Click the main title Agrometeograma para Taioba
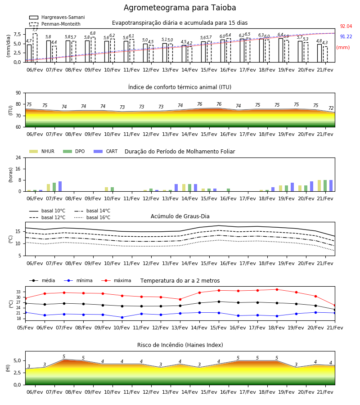pos(180,8)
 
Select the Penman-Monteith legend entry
pos(55,24)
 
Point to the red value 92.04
pos(346,27)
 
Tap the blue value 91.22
pos(346,37)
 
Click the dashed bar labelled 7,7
pos(35,48)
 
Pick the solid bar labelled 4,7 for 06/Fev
pos(29,54)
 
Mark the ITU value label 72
pos(331,108)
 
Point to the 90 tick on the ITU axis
pos(18,93)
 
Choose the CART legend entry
pos(106,151)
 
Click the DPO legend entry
pos(74,151)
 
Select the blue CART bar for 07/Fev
pos(60,186)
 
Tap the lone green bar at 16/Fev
pos(228,190)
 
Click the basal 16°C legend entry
pos(92,217)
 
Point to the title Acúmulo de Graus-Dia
pos(180,216)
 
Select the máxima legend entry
pos(116,280)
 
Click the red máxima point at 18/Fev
pos(277,289)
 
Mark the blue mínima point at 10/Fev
pos(122,317)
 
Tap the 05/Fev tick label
pos(25,328)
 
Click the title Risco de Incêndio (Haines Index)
pos(180,345)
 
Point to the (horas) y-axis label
pos(11,175)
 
